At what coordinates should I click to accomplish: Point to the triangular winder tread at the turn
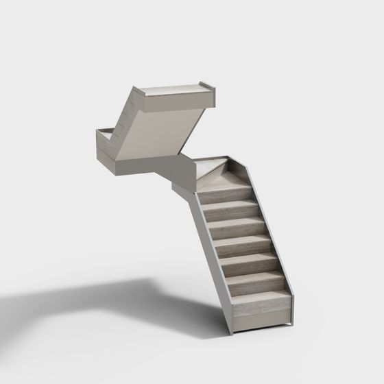[x=213, y=167]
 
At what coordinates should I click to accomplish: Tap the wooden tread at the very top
[x=175, y=87]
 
